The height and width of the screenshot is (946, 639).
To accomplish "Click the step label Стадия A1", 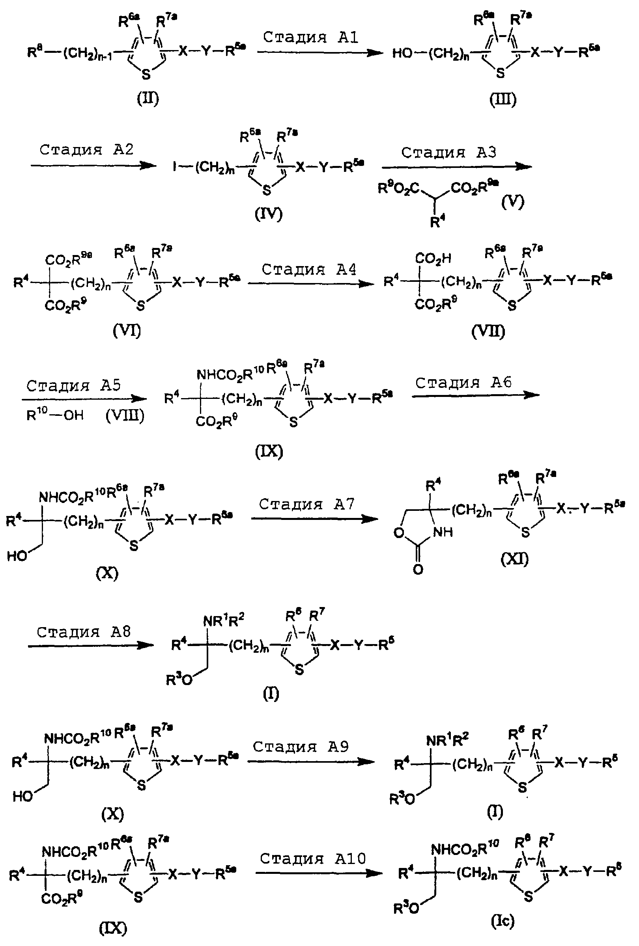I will [310, 37].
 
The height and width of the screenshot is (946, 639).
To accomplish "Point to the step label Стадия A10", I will [313, 858].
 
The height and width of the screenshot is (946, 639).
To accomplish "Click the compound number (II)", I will [148, 99].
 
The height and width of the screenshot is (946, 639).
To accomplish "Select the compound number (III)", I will [503, 99].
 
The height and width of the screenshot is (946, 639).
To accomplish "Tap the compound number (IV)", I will [268, 214].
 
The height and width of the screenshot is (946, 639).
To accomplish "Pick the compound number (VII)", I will [488, 331].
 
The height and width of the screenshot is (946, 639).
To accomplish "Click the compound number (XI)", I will [514, 559].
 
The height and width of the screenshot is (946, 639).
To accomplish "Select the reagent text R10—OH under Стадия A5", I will [55, 415].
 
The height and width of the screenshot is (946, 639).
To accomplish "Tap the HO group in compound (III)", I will [402, 53].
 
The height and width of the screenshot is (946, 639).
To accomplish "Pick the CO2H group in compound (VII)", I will [433, 258].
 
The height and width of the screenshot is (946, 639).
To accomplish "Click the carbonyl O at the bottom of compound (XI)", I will [418, 570].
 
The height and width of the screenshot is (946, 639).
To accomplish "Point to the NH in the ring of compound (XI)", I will [443, 532].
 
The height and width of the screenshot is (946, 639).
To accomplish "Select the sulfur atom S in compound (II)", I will [146, 74].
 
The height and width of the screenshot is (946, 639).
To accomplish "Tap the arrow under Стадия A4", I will [310, 284].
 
